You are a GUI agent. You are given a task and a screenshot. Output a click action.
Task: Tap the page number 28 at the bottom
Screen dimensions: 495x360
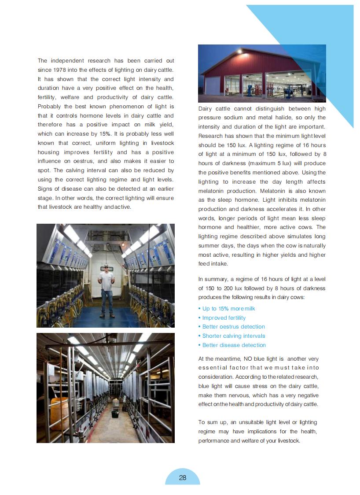click(x=183, y=477)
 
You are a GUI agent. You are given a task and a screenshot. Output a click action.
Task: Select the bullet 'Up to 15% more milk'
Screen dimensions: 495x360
click(x=228, y=309)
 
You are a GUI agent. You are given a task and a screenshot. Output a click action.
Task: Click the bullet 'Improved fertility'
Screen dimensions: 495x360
click(x=224, y=318)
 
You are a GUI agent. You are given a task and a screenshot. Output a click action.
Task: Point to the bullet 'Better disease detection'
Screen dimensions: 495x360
click(x=234, y=345)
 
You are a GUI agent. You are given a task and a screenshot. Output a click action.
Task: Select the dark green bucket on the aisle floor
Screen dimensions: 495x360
click(x=115, y=414)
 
